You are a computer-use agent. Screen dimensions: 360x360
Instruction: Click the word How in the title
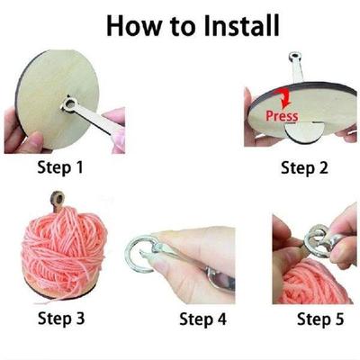click(x=134, y=24)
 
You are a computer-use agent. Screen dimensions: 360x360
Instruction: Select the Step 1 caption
click(x=60, y=166)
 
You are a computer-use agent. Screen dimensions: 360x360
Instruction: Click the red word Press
click(x=281, y=116)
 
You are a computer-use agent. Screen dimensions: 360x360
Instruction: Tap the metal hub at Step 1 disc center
click(x=71, y=108)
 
